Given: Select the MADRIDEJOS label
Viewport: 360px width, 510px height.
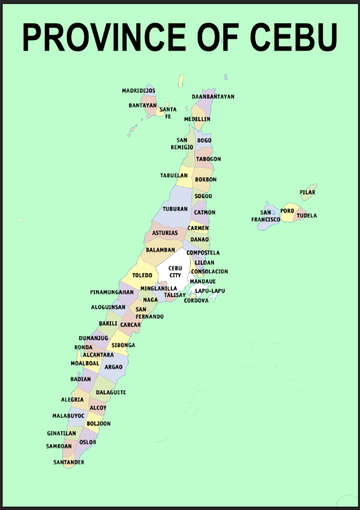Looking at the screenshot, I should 138,91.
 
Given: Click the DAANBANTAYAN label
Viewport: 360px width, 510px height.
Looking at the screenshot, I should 212,97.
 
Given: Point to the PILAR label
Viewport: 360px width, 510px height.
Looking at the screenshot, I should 307,192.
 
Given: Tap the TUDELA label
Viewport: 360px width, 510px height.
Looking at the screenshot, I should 307,216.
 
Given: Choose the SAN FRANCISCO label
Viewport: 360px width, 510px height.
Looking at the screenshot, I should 266,216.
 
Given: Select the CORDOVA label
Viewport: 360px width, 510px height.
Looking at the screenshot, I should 196,300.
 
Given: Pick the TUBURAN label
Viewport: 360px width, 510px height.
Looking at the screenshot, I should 175,209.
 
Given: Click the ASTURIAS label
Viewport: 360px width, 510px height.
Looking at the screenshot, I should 165,233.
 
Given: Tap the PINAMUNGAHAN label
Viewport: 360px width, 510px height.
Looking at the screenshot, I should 112,292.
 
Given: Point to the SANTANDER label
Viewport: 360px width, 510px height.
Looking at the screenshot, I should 69,463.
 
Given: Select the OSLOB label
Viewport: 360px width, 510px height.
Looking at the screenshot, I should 88,442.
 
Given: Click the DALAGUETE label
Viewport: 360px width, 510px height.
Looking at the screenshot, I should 111,392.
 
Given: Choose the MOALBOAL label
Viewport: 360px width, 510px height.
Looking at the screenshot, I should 85,363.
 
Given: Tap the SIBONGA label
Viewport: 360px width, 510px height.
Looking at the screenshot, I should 123,345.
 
